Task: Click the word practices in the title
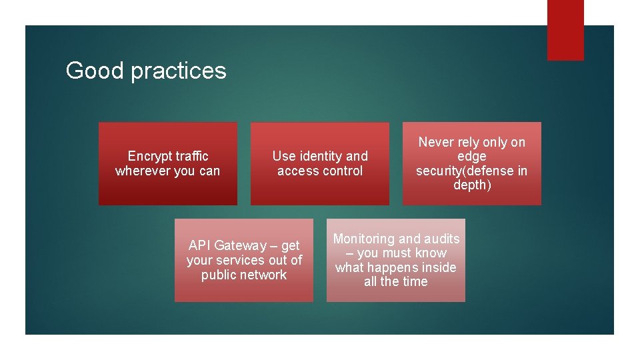tap(178, 71)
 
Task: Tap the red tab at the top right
tap(565, 29)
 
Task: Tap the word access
tap(297, 171)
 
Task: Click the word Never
tap(436, 142)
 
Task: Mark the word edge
tap(471, 157)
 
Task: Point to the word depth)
tap(472, 185)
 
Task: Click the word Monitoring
tap(364, 239)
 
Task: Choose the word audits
tap(442, 239)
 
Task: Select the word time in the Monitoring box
tap(415, 282)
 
